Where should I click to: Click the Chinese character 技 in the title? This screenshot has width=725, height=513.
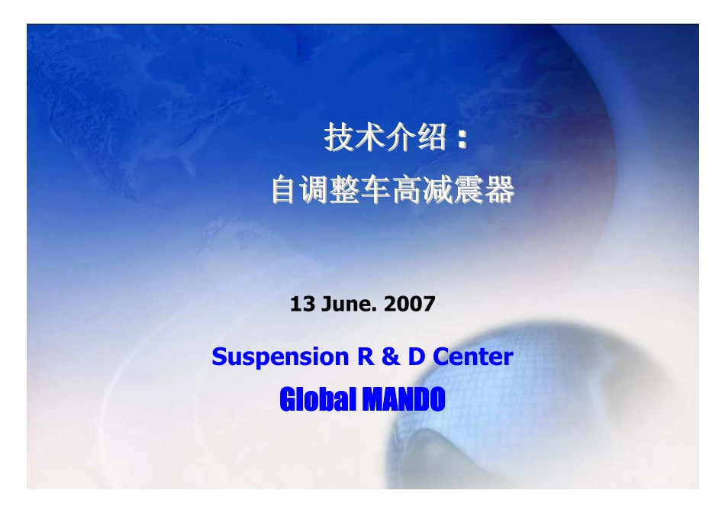[x=339, y=138]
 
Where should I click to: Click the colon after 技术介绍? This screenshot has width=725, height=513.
[x=461, y=140]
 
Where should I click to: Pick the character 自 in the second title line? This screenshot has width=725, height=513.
[x=286, y=190]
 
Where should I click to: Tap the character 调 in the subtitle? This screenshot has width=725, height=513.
[x=317, y=190]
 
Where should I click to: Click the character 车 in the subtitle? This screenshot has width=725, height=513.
[x=378, y=190]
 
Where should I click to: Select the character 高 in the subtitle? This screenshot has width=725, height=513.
[x=408, y=190]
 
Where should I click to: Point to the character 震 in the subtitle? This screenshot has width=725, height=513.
[x=469, y=190]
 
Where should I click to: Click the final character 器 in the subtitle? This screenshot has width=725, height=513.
[x=500, y=190]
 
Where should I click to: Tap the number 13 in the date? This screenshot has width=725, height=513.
[x=301, y=305]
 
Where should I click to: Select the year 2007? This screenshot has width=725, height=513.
[x=410, y=305]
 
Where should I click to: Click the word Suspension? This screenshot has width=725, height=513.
[x=279, y=357]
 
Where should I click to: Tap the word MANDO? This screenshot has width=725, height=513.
[x=402, y=398]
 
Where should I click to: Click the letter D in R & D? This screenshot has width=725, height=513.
[x=416, y=357]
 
